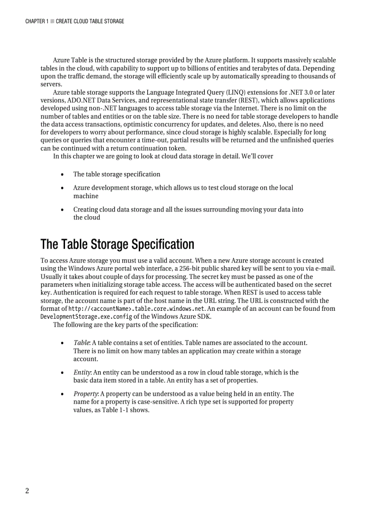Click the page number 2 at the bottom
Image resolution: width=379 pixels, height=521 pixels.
[27, 491]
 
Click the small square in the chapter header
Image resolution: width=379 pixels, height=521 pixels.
[52, 21]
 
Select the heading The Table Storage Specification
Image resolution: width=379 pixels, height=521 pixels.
[117, 244]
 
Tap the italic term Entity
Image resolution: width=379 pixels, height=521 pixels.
[82, 372]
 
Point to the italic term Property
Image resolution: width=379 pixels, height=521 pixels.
[85, 394]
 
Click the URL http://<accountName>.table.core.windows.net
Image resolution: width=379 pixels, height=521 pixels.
[137, 309]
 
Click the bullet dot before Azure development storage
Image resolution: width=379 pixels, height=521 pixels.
[62, 188]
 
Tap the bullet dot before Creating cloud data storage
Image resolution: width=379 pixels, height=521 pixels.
[62, 210]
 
